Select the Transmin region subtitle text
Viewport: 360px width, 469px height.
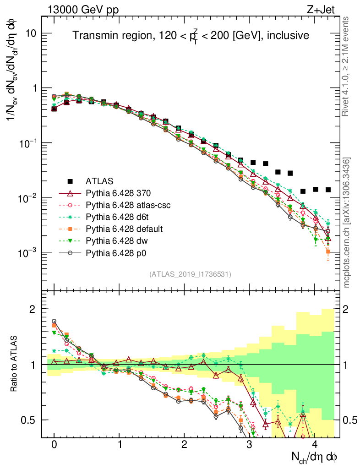click(191, 36)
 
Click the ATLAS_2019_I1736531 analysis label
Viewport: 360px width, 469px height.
click(190, 274)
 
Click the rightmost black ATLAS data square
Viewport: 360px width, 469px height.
click(328, 190)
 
